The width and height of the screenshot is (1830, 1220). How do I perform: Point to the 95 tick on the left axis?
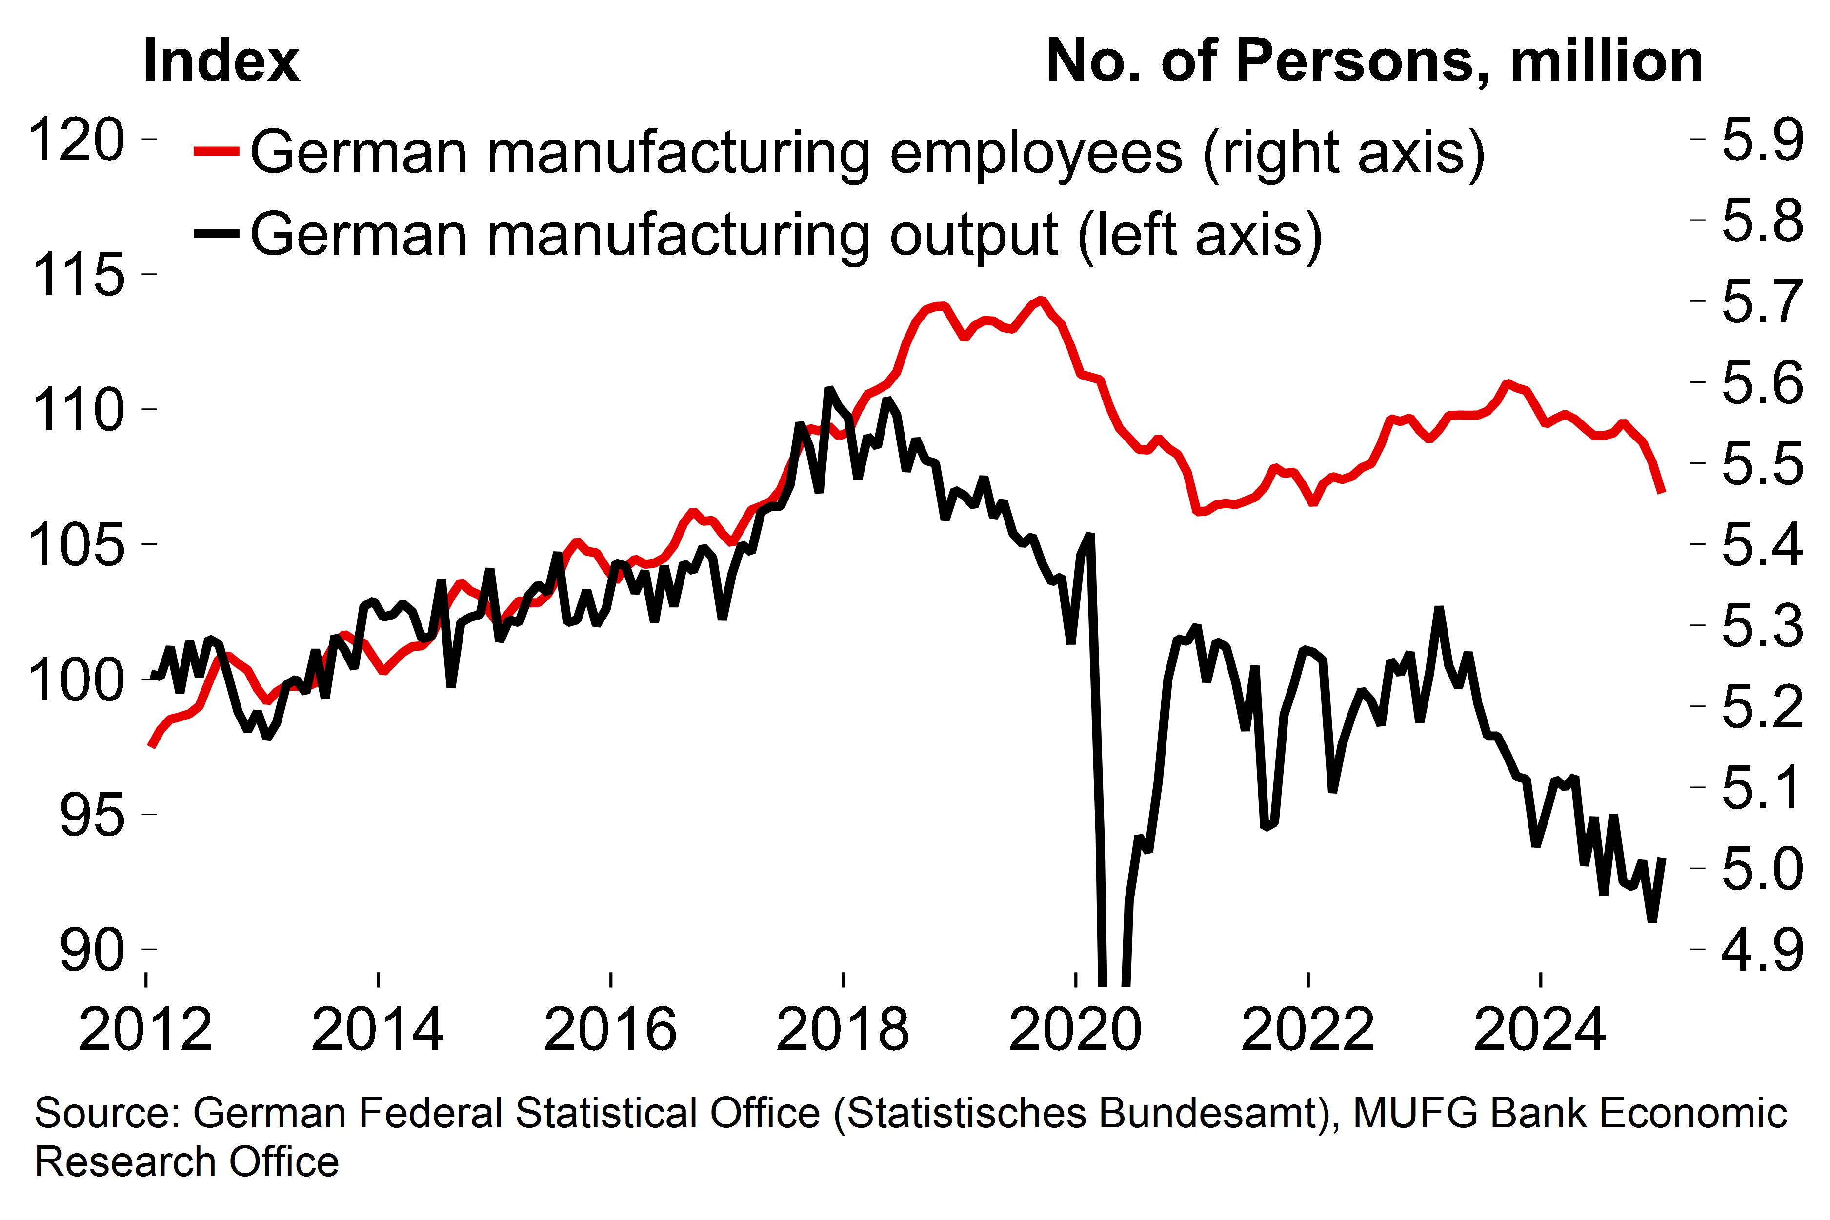92,816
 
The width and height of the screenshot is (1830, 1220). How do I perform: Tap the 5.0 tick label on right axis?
1762,869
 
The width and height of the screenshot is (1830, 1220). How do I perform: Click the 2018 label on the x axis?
843,1029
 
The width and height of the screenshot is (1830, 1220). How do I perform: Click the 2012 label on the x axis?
145,1029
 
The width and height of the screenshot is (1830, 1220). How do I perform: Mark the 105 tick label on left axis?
76,545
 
